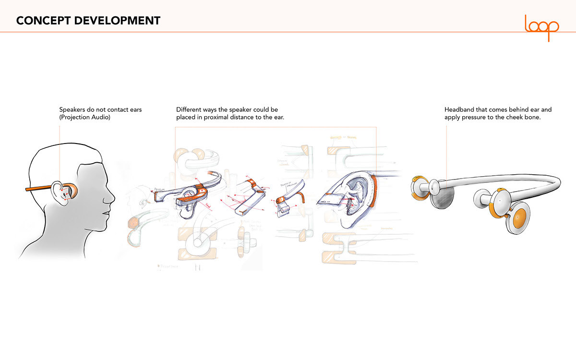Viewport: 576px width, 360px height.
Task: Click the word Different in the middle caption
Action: point(190,110)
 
